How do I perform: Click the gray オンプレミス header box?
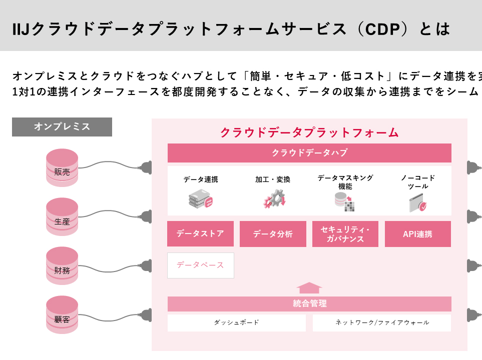(x=62, y=127)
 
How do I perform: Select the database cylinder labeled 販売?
(x=62, y=167)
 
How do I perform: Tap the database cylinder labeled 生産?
(x=62, y=216)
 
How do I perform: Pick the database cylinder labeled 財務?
(x=62, y=265)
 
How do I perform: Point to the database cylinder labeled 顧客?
(x=62, y=314)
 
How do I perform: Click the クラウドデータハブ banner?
(x=309, y=153)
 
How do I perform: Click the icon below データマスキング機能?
(x=344, y=201)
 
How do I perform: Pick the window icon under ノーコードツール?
(x=418, y=202)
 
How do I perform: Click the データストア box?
(x=200, y=233)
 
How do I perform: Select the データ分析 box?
(x=273, y=234)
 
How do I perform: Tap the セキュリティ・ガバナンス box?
(x=345, y=234)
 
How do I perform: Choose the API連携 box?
(x=418, y=234)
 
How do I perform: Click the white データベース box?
(x=200, y=265)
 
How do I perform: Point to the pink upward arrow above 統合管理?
(x=309, y=287)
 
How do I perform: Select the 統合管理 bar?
(x=309, y=303)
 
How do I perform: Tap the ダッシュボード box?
(x=236, y=322)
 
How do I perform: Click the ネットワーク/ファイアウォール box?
(x=382, y=322)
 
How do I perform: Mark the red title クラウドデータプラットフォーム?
(x=309, y=132)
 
